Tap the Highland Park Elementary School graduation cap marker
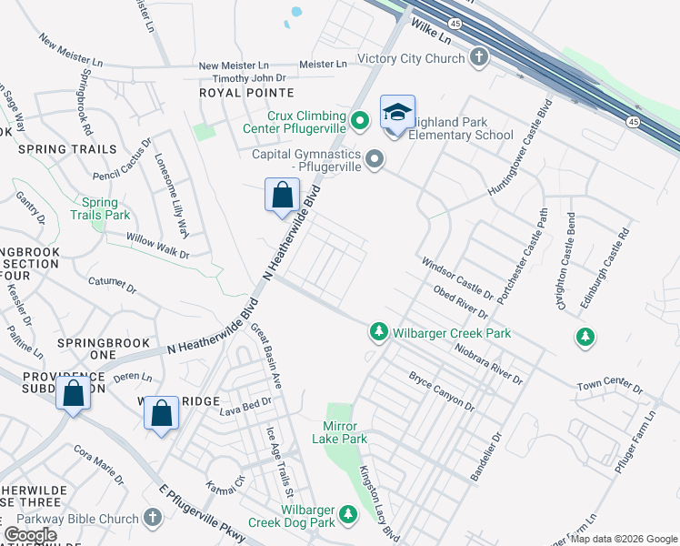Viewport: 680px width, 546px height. (397, 112)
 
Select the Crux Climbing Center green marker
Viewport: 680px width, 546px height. (360, 119)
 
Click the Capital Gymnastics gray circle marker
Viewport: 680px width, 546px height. (375, 162)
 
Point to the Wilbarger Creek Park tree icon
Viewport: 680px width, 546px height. (378, 333)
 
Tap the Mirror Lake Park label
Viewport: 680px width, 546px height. (345, 432)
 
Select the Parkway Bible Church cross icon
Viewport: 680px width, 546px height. (154, 519)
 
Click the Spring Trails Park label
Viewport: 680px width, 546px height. (100, 209)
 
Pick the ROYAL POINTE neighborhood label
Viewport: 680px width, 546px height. (246, 93)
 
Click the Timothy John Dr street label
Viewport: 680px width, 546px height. (235, 79)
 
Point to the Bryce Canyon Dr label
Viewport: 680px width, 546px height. (441, 390)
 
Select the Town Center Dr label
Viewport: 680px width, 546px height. (609, 389)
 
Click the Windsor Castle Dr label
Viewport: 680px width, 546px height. (456, 278)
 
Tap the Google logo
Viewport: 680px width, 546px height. (31, 535)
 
